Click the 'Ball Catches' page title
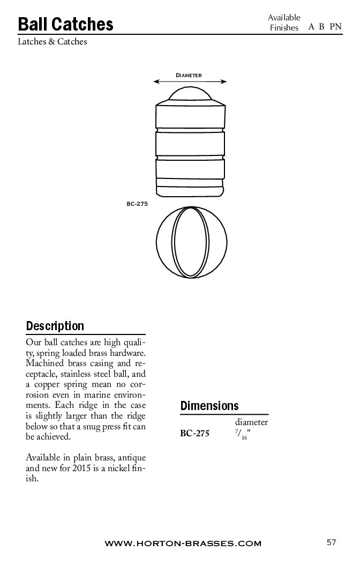click(65, 24)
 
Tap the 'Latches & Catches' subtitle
click(52, 41)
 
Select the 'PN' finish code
click(335, 26)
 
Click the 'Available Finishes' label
click(284, 23)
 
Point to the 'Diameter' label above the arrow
click(189, 76)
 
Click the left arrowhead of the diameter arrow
click(156, 81)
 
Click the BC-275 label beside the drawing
click(137, 204)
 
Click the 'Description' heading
click(55, 326)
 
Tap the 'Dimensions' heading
click(209, 406)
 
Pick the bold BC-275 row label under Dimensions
click(194, 434)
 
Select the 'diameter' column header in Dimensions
click(251, 422)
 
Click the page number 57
click(331, 542)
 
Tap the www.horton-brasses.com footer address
click(183, 543)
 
